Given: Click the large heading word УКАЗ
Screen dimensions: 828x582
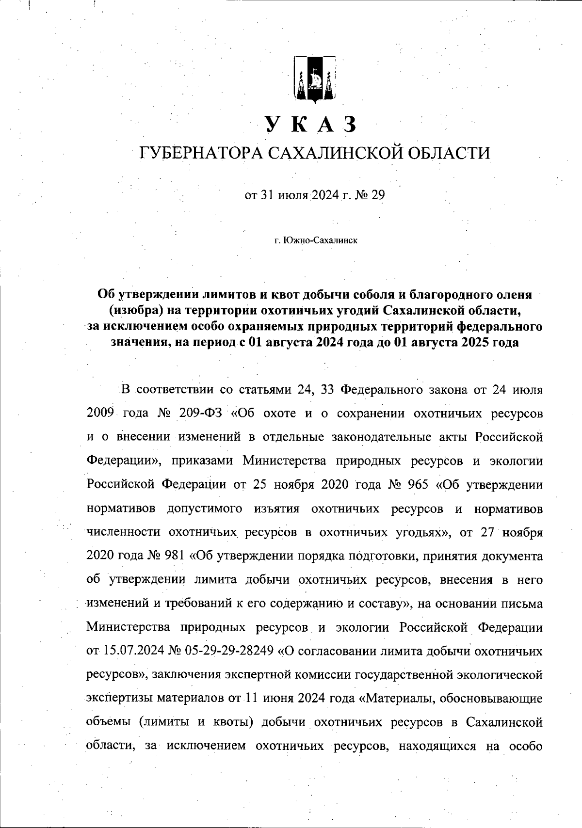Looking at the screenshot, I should click(310, 125).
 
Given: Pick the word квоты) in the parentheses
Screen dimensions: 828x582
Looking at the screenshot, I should click(233, 722).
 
